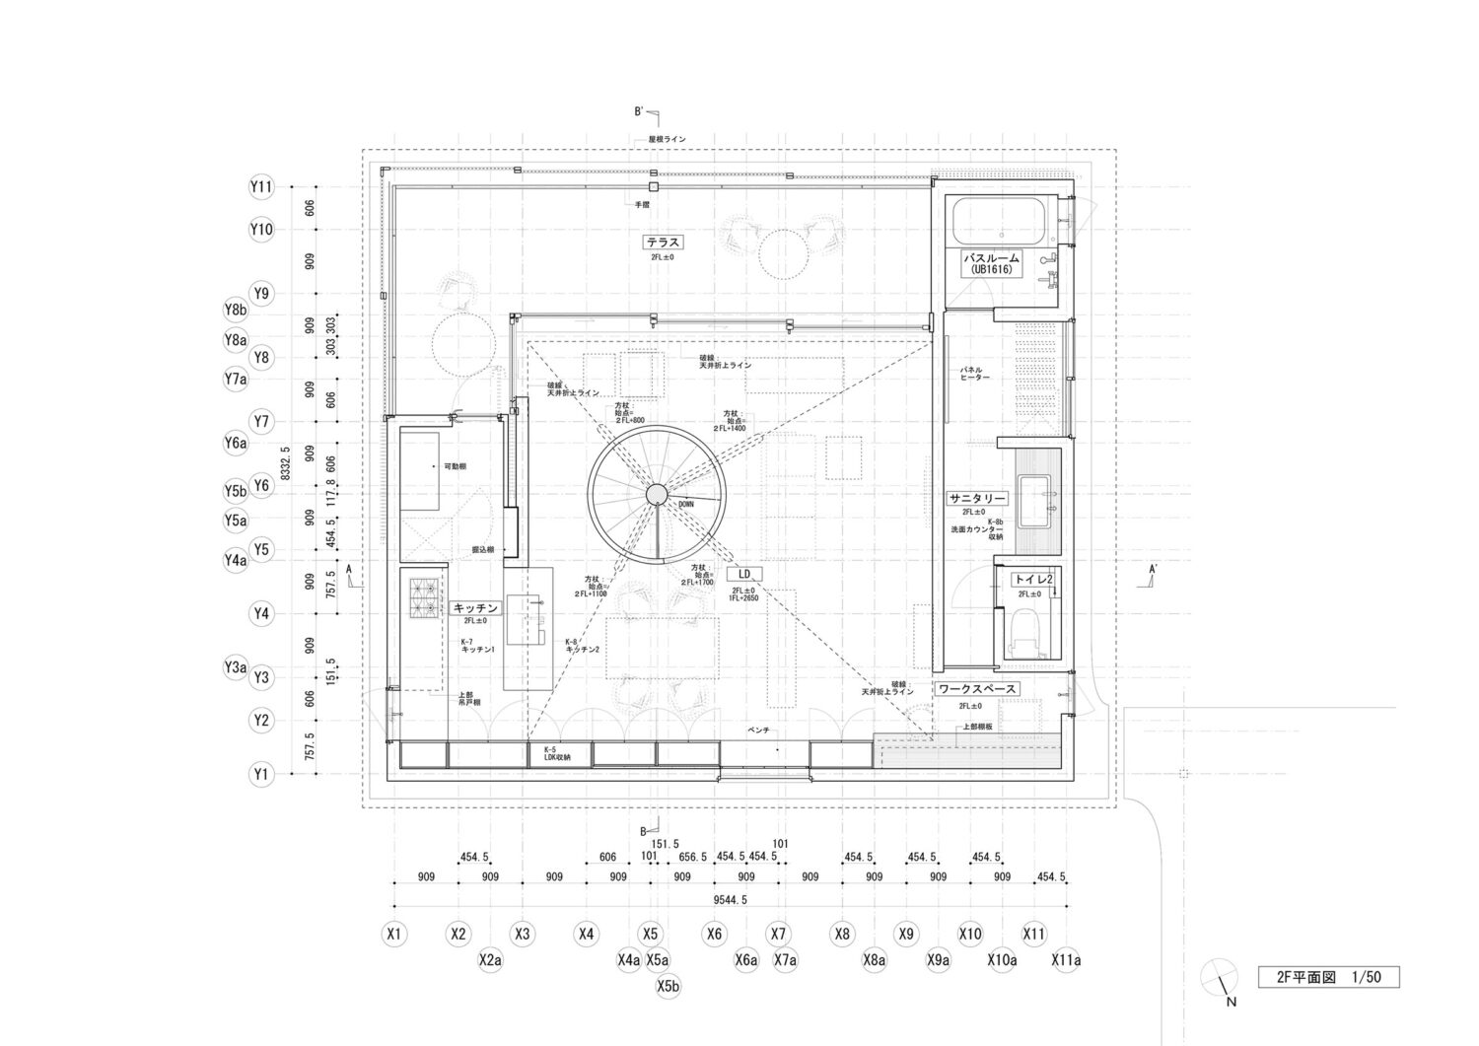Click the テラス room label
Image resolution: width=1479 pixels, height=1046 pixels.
click(x=664, y=242)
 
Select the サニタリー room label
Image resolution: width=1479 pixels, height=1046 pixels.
click(x=976, y=498)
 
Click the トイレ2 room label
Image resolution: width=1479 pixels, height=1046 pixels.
click(x=1032, y=580)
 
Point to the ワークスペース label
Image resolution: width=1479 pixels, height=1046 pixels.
click(x=976, y=689)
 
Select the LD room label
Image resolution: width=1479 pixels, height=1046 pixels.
click(x=744, y=574)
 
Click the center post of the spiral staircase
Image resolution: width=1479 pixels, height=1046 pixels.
click(x=655, y=494)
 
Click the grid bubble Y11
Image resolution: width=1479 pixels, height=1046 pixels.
click(x=260, y=186)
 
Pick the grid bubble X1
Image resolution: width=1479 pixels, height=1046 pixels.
click(x=394, y=933)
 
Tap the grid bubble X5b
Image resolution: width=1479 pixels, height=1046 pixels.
click(x=669, y=984)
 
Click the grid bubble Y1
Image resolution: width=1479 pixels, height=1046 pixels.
click(x=260, y=775)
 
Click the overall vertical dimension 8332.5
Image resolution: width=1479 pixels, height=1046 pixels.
click(x=285, y=463)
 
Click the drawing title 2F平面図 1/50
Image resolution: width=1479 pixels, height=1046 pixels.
click(x=1328, y=977)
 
